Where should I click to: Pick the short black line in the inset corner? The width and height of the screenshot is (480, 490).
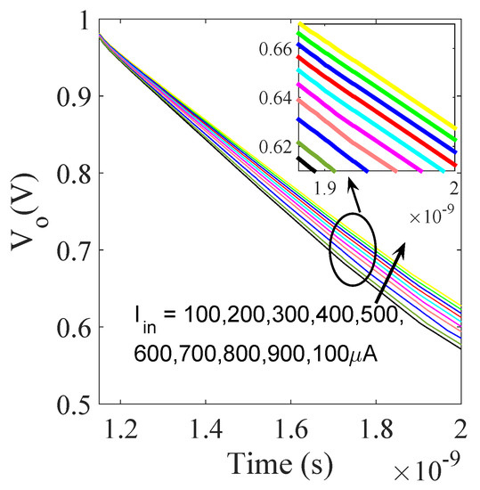(x=306, y=164)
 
